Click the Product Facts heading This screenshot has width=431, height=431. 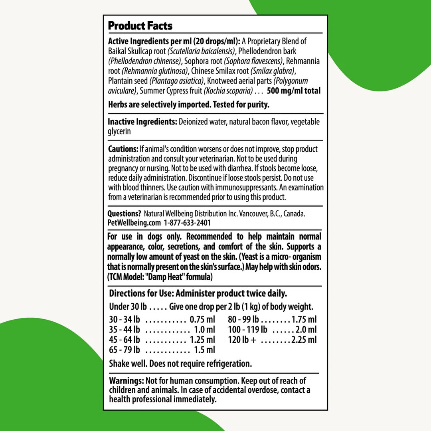140,26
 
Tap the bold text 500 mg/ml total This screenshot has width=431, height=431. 294,91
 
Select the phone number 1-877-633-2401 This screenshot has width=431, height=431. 187,223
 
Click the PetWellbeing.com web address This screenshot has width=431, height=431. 134,223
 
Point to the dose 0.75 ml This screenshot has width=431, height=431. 202,320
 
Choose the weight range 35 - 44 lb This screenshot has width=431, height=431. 125,330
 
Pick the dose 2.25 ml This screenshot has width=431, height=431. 304,340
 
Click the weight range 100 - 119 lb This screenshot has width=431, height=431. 248,330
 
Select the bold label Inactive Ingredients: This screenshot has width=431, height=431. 142,122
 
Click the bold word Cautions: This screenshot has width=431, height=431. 123,149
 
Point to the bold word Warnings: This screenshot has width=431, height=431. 127,381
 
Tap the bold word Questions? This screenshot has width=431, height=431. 124,214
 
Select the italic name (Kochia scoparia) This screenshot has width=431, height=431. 228,91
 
